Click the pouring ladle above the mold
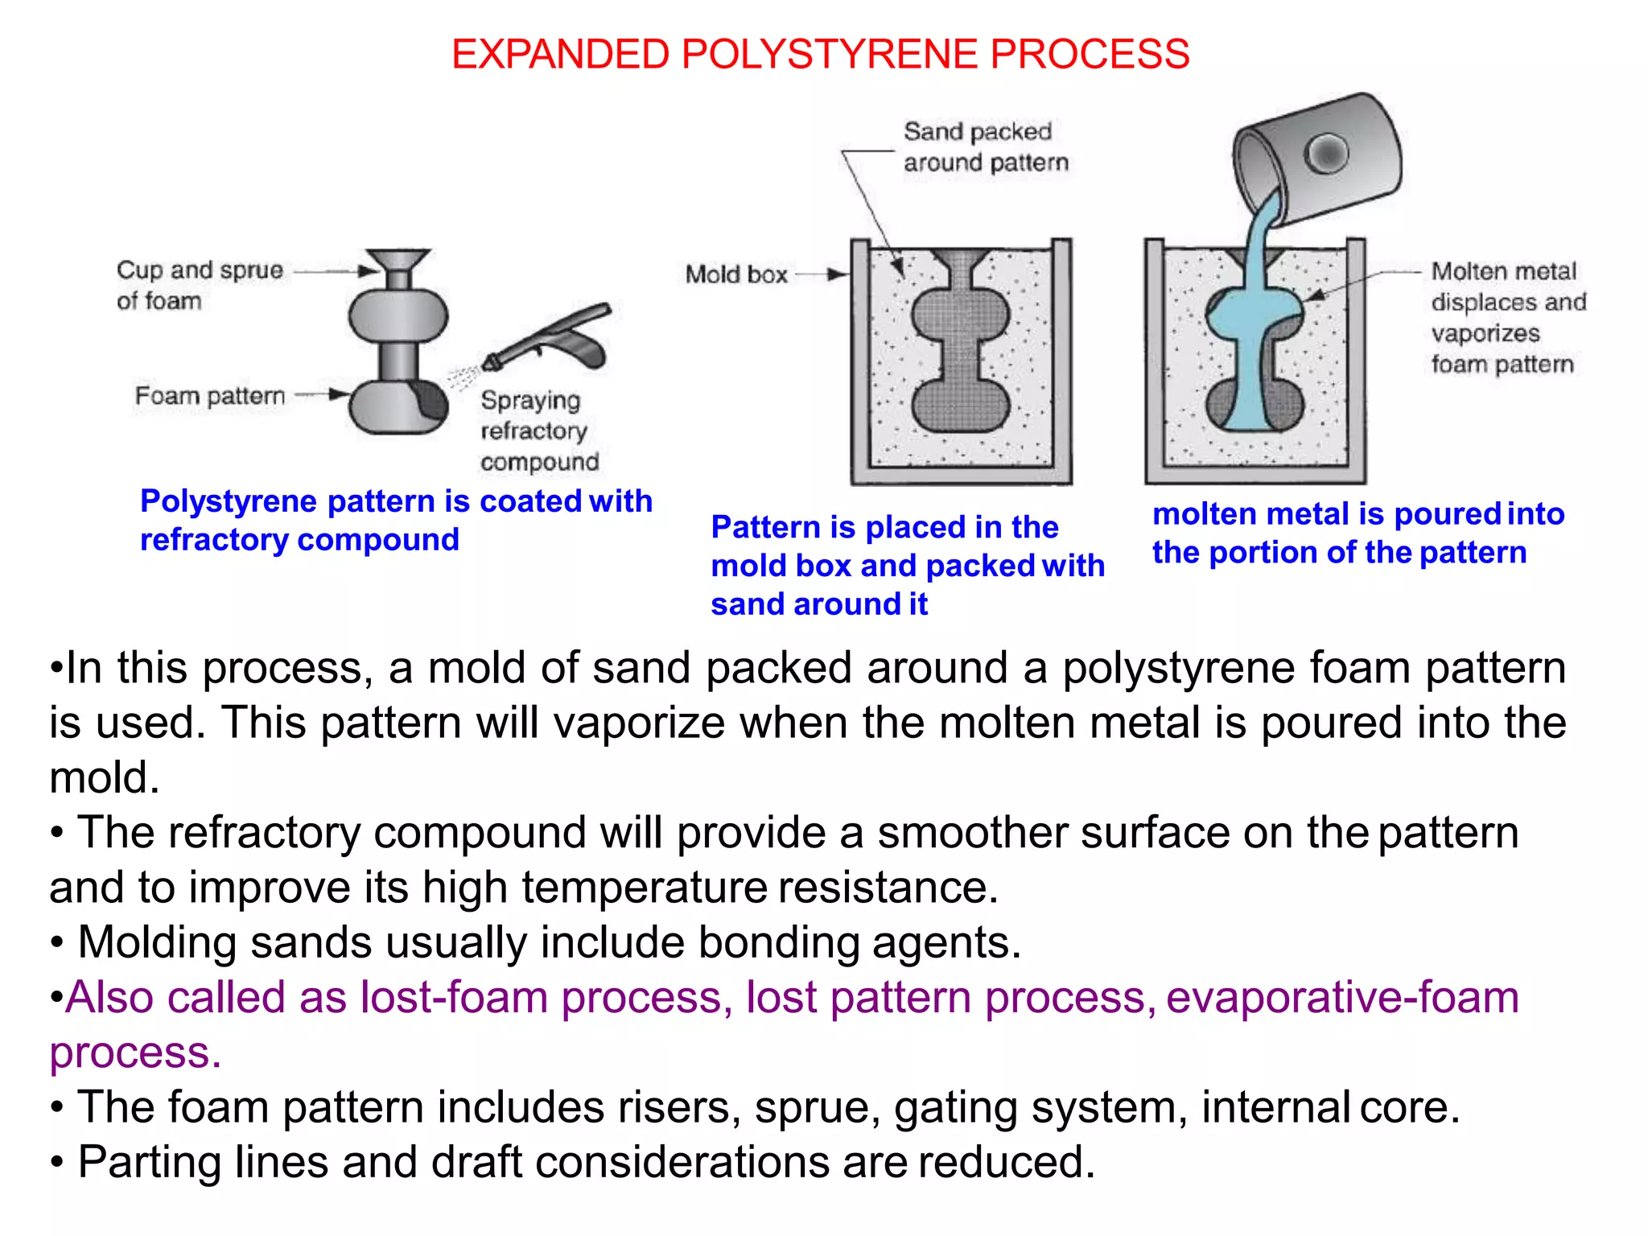[x=1320, y=157]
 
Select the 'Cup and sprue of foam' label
[x=199, y=285]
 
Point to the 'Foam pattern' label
[x=209, y=396]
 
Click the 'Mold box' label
[x=735, y=274]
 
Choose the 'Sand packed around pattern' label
[x=984, y=147]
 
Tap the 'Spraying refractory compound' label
[x=538, y=431]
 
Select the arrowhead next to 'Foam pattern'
[x=340, y=394]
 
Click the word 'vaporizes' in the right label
[x=1485, y=333]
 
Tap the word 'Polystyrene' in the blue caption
[x=229, y=501]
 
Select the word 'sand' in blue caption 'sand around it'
[x=747, y=604]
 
